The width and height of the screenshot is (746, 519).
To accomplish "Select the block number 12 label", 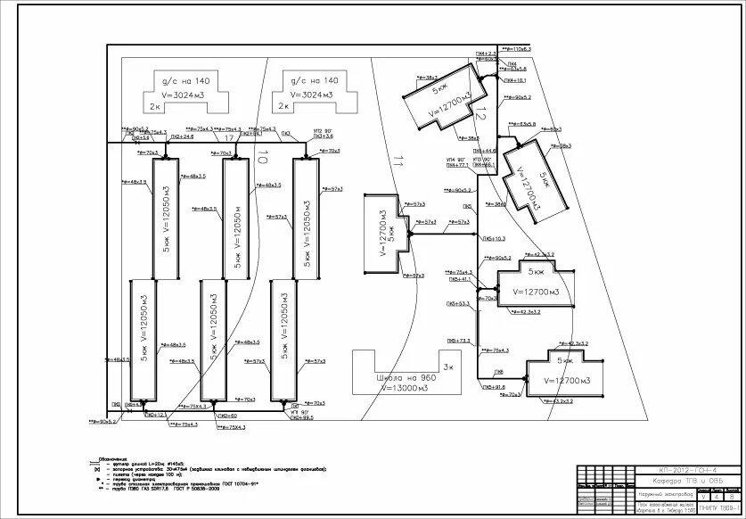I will (479, 113).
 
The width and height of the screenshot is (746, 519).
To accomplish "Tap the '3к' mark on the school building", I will (448, 367).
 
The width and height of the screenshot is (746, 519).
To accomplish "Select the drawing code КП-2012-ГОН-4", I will (686, 470).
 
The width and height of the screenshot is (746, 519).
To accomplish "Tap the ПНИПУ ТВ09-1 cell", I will (719, 508).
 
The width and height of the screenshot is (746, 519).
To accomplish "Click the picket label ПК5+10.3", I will (493, 239).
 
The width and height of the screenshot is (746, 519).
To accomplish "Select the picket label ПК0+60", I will (227, 416).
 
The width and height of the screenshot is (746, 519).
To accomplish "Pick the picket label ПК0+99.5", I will (301, 417).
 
